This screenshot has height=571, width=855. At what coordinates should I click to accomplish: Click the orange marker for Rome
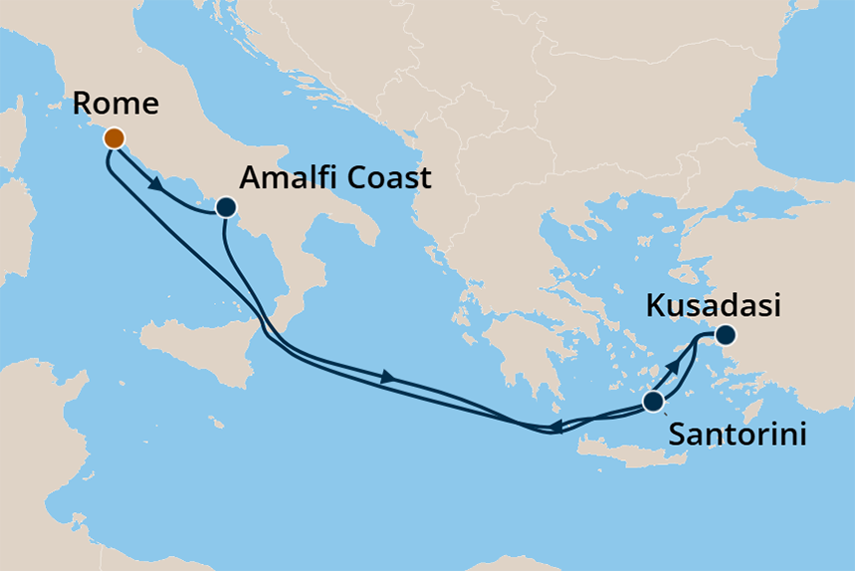[113, 139]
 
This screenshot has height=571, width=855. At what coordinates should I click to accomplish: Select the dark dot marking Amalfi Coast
[226, 208]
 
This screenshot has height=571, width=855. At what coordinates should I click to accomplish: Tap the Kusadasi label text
[711, 306]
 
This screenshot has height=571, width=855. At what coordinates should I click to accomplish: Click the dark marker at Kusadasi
[726, 335]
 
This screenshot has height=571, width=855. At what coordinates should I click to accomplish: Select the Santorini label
[736, 434]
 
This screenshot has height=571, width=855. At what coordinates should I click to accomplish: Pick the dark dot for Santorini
[653, 402]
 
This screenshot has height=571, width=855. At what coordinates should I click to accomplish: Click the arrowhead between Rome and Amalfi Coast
[156, 184]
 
